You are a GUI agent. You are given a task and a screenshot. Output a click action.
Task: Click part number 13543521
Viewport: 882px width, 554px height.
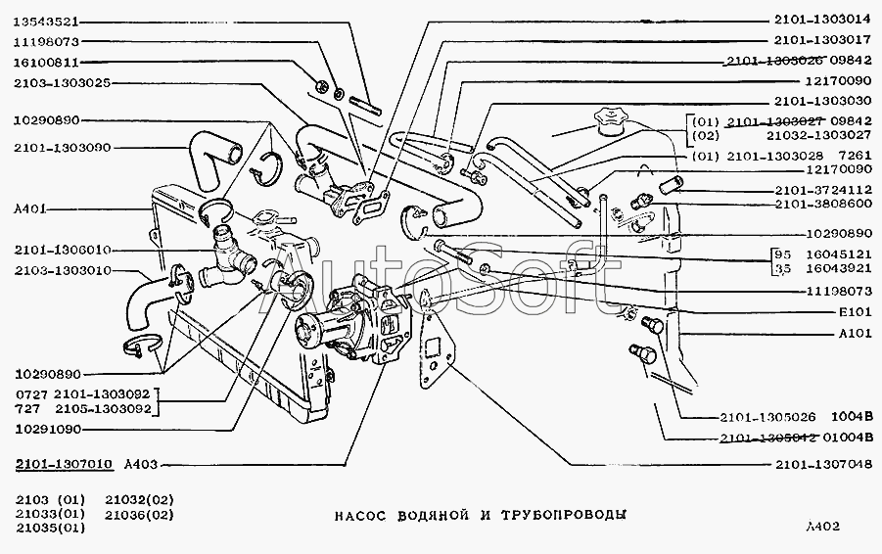[x=46, y=21]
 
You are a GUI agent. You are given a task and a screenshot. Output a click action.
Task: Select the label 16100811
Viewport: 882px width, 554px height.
[x=46, y=62]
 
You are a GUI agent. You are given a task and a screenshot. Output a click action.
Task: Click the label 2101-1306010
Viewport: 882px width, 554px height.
[x=62, y=250]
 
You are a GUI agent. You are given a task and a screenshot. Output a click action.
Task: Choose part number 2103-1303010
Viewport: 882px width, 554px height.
[x=62, y=270]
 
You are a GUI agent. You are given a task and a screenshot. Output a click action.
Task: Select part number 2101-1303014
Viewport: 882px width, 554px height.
[x=821, y=19]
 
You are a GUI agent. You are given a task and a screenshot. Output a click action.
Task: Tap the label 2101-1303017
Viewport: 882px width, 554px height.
[x=821, y=40]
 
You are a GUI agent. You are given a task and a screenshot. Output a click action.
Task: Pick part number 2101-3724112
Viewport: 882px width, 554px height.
[x=821, y=189]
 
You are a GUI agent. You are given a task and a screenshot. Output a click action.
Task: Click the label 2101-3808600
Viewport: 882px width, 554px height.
[x=821, y=204]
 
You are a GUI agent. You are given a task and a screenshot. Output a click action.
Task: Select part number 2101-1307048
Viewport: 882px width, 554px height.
[x=821, y=464]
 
